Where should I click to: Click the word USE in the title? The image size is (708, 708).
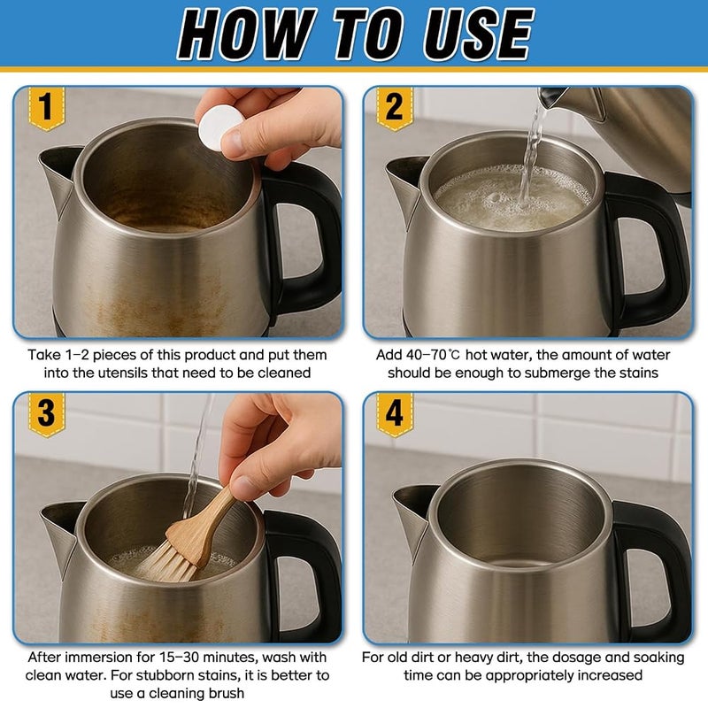tap(478, 35)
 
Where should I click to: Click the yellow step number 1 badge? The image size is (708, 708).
tap(47, 108)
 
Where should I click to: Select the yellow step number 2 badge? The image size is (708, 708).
tap(395, 108)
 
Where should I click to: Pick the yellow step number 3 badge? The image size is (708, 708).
tap(47, 414)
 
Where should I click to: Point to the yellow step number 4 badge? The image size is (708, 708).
tap(395, 414)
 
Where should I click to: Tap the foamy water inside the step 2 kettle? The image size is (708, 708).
tap(512, 198)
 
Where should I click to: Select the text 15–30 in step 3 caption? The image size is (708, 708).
tap(178, 657)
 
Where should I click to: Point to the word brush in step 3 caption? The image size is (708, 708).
tap(227, 693)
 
